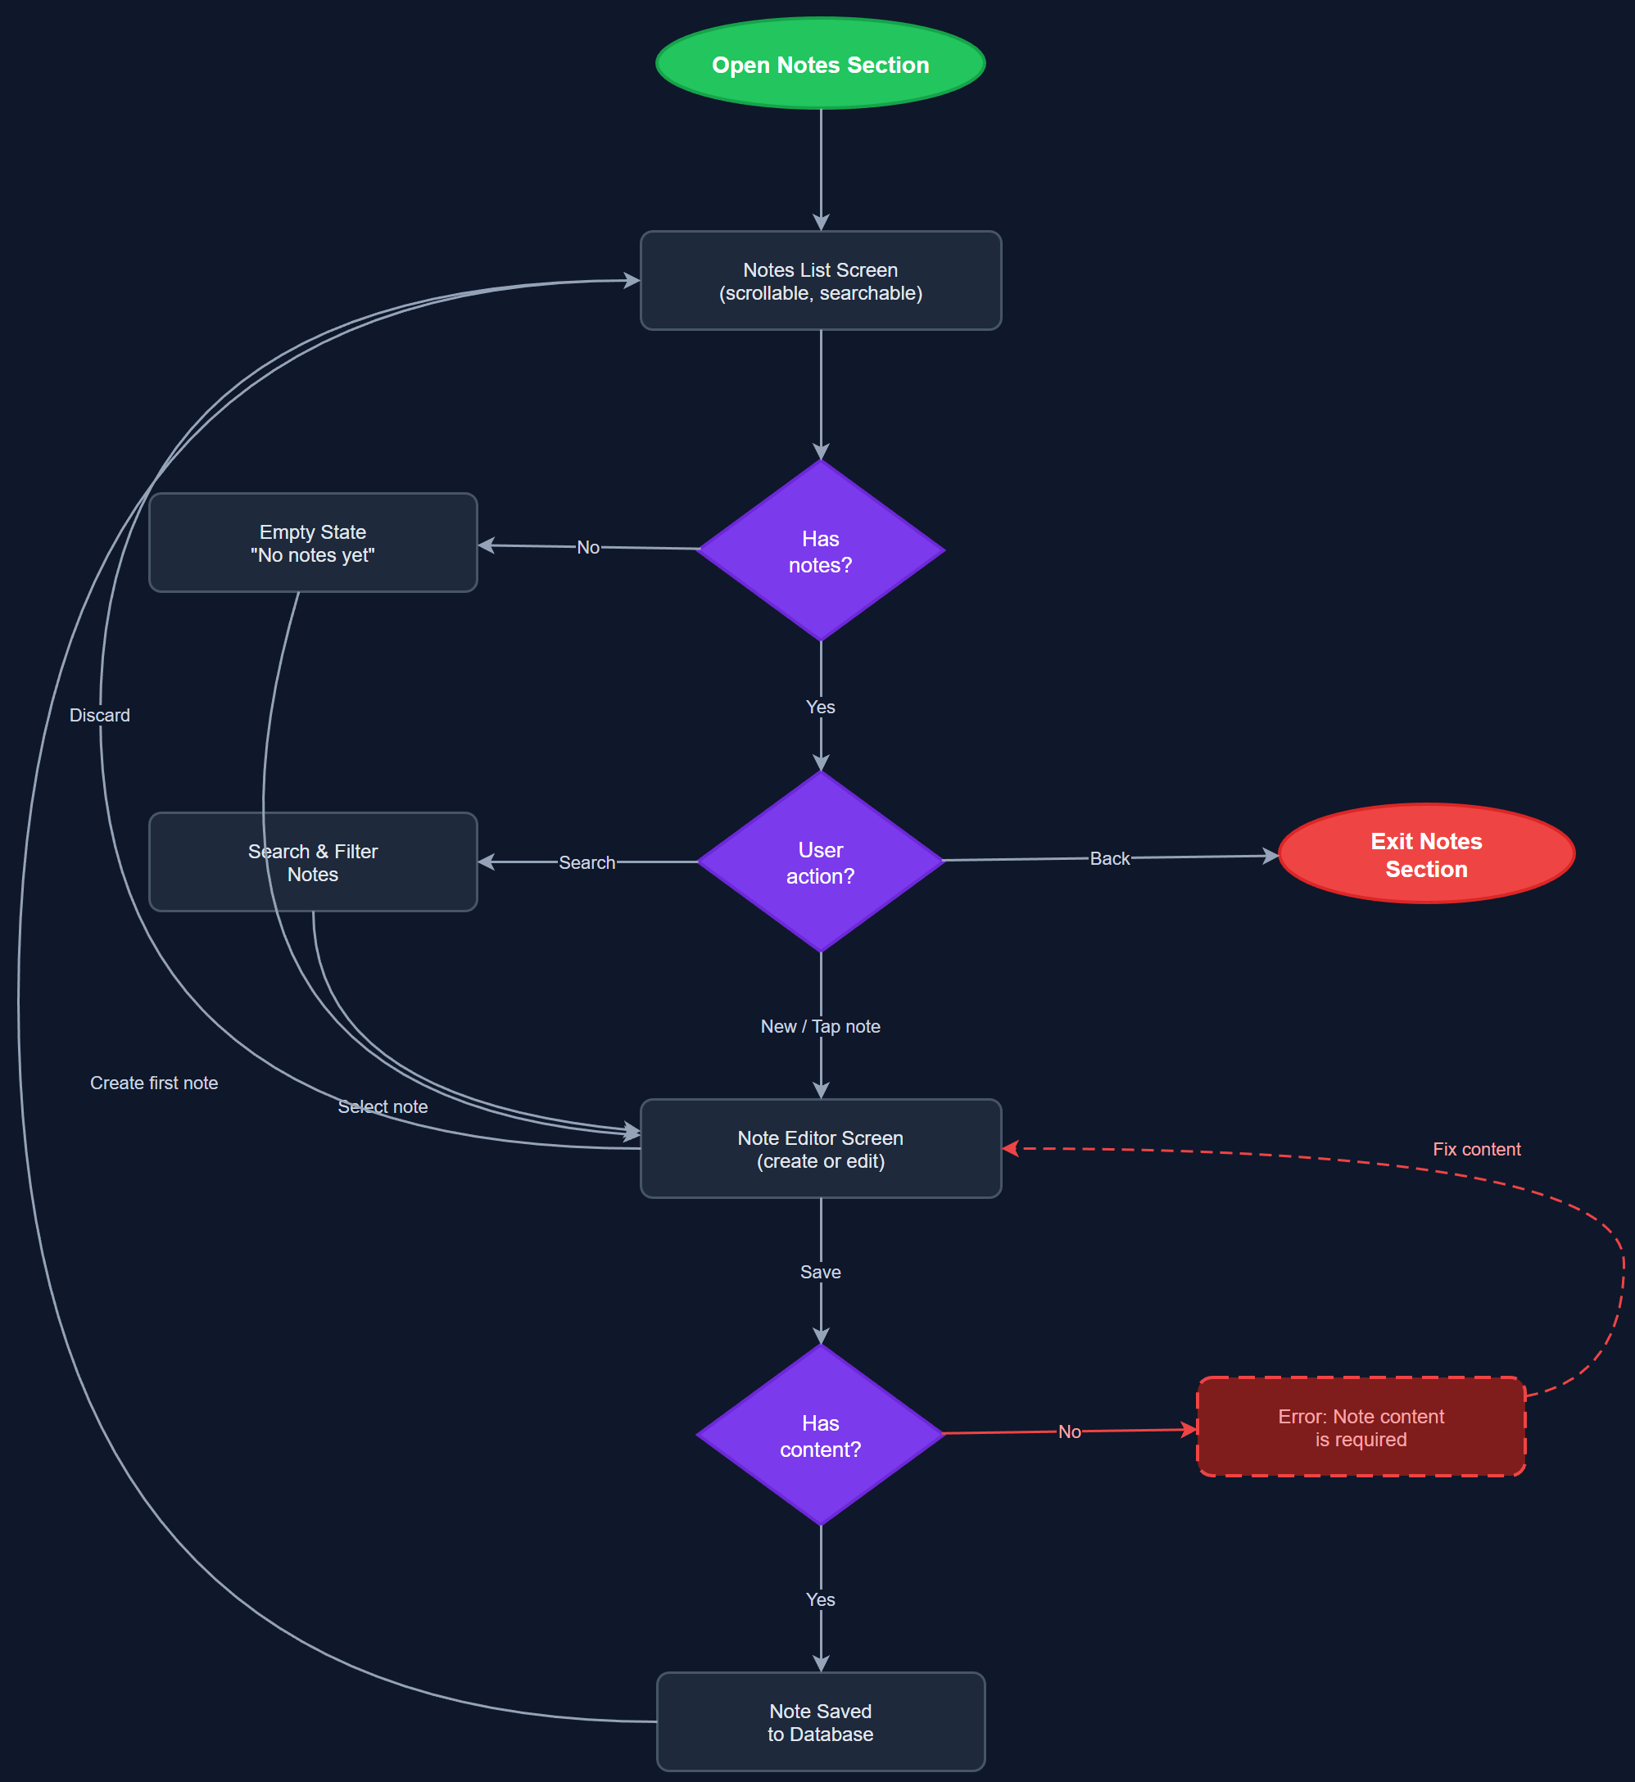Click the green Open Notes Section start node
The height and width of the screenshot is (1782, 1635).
(820, 64)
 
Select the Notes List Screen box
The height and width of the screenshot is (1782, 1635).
(820, 280)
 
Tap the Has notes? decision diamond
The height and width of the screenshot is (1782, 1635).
(820, 550)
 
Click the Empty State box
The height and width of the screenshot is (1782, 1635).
(312, 543)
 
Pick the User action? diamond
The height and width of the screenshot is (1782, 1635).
(820, 862)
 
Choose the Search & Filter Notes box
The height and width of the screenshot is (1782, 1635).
(312, 862)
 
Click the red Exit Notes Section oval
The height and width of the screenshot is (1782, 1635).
(1426, 854)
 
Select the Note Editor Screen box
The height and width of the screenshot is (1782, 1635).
(820, 1149)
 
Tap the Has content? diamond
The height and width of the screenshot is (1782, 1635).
(820, 1435)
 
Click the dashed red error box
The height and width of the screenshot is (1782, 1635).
(1361, 1427)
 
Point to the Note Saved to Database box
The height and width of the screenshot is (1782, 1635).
(820, 1722)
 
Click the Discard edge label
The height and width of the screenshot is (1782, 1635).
(100, 716)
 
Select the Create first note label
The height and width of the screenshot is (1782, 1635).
(154, 1083)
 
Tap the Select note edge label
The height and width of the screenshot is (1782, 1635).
(383, 1106)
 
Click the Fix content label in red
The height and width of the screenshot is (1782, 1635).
(1476, 1149)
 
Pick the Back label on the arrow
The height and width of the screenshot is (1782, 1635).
(1108, 859)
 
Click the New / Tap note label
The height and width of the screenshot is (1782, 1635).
(820, 1027)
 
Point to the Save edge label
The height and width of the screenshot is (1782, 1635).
(820, 1272)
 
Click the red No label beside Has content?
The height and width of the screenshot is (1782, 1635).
(1069, 1431)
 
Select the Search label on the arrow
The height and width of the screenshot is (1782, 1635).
(587, 862)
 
